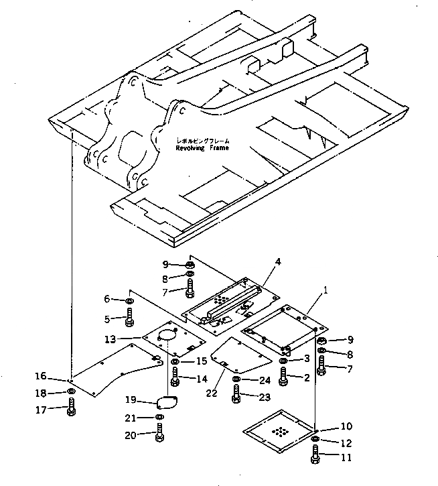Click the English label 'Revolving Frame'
click(x=202, y=148)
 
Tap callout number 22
click(x=212, y=393)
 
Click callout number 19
click(x=131, y=400)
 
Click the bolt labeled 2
click(x=283, y=378)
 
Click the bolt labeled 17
click(x=72, y=408)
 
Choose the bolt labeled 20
click(x=159, y=434)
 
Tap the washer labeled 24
click(x=236, y=380)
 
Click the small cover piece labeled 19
click(x=164, y=402)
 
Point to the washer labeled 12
click(x=315, y=440)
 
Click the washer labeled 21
click(x=159, y=418)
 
